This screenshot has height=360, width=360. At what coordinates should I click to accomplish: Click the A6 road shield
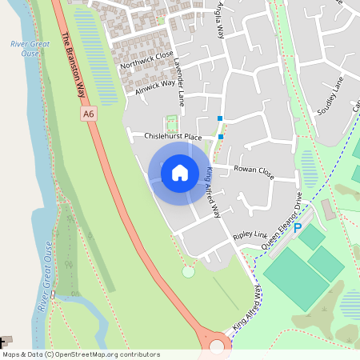click(89, 114)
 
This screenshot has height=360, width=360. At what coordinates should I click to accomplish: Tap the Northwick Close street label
click(147, 58)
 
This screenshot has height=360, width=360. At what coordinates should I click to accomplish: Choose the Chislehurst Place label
click(172, 137)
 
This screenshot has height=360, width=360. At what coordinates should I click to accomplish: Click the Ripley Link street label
click(249, 236)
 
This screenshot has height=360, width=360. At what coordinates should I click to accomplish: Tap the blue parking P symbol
click(298, 228)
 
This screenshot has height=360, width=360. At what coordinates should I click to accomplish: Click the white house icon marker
click(180, 172)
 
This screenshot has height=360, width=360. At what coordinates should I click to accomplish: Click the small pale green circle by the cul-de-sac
click(188, 272)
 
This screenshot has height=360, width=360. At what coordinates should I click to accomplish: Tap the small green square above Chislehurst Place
click(170, 122)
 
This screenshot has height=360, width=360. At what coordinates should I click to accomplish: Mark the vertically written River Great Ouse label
click(46, 283)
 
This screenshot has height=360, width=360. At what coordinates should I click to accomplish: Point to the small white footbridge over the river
click(53, 294)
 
